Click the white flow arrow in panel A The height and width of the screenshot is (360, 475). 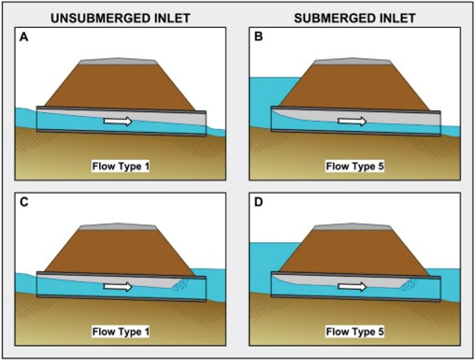point(117,121)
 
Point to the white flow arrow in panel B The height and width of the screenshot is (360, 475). point(352,121)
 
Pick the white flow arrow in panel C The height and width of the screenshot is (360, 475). point(117,287)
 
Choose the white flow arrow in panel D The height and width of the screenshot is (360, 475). point(352,287)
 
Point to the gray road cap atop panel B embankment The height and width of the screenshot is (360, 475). point(353,61)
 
